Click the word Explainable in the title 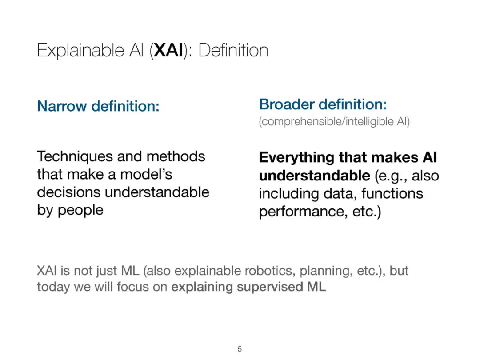click(80, 51)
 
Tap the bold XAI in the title click(168, 50)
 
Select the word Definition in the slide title click(233, 50)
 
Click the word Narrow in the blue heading click(62, 106)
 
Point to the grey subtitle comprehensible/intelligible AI click(334, 121)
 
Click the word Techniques click(75, 157)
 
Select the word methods click(176, 156)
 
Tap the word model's click(146, 175)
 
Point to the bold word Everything click(296, 158)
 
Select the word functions click(392, 193)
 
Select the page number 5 click(240, 349)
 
